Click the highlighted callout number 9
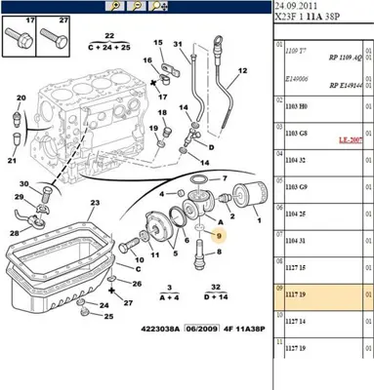[220, 236]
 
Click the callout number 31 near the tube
[177, 46]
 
